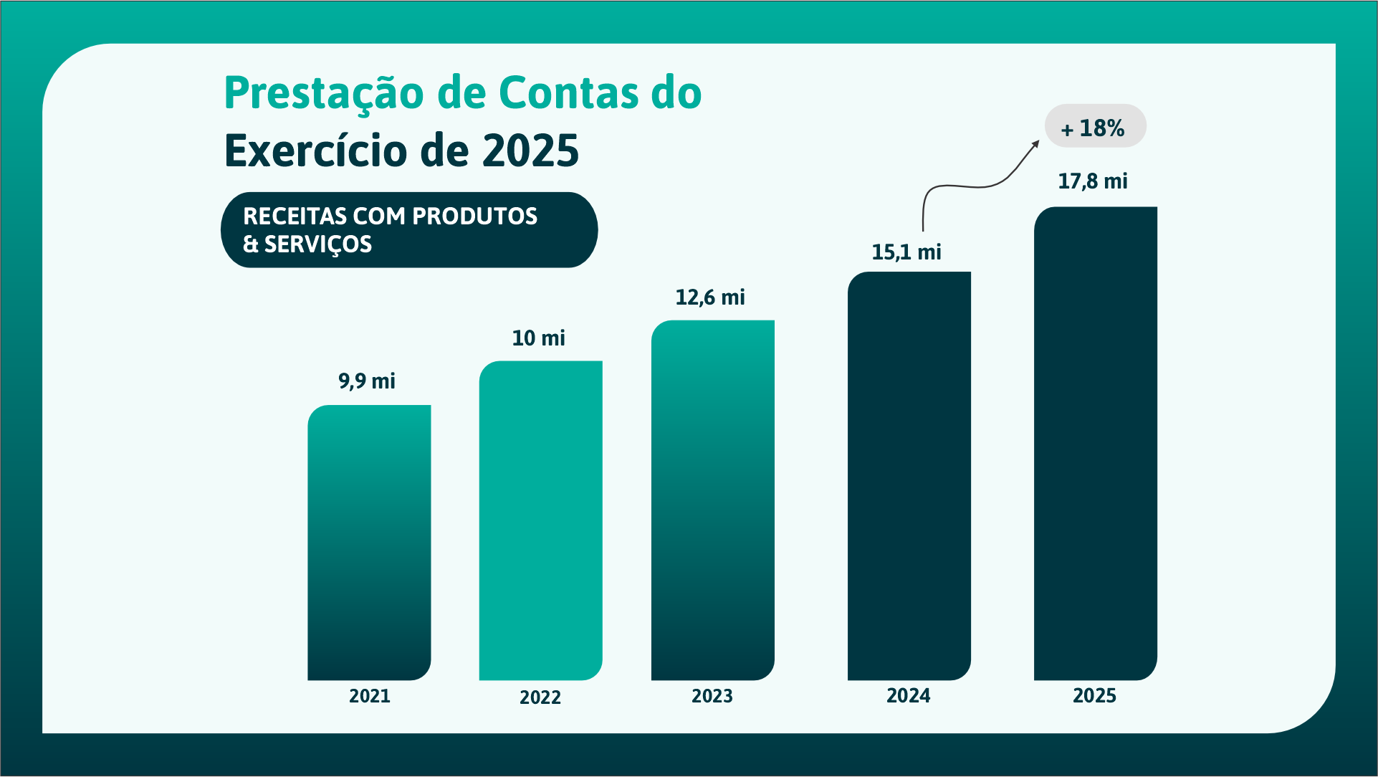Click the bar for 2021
point(369,543)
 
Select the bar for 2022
point(540,520)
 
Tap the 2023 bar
point(712,500)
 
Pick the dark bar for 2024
point(909,476)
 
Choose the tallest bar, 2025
point(1095,444)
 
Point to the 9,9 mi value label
point(367,381)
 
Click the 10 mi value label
point(538,338)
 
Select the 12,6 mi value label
point(710,297)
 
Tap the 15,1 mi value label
point(906,252)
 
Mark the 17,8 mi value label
point(1093,181)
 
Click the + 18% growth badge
point(1095,127)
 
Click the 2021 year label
point(370,696)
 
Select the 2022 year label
point(540,697)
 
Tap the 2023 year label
point(712,696)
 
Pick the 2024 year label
point(909,695)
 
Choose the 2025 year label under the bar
point(1094,695)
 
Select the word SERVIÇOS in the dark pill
point(318,244)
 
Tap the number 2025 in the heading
point(530,151)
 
